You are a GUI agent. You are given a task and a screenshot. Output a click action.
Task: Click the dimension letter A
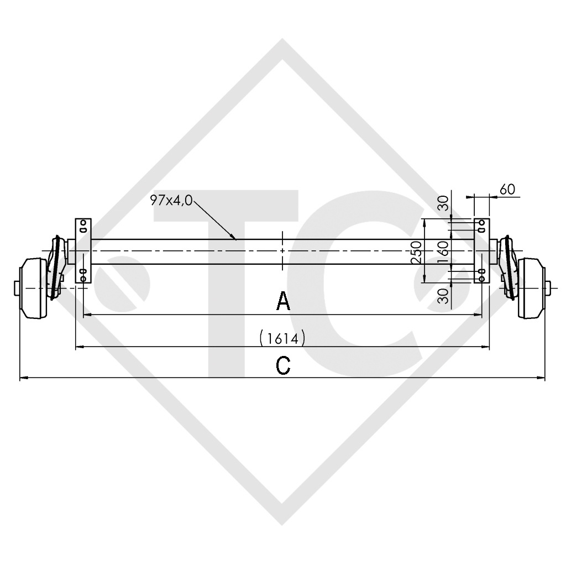pos(283,302)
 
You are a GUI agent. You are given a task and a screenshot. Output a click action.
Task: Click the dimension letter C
pos(283,365)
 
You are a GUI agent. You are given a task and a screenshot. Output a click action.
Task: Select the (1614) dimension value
pos(282,338)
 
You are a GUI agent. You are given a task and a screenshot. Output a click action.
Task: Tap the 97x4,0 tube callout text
pos(171,201)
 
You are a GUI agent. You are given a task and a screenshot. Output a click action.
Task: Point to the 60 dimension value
pos(507,189)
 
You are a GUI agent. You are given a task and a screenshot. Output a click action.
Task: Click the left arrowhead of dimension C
pos(23,378)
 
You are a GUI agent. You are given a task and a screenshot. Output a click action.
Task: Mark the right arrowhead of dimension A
pos(480,315)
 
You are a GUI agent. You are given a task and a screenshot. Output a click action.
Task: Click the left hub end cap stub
pos(15,288)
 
